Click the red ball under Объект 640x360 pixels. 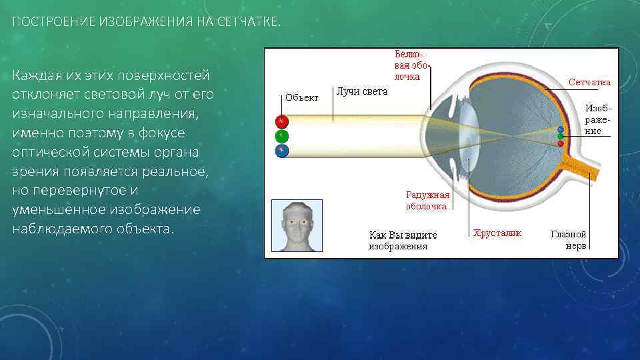pyautogui.click(x=282, y=121)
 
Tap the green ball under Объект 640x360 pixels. pyautogui.click(x=282, y=136)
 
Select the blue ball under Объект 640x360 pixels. pyautogui.click(x=282, y=151)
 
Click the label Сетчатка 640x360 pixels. pyautogui.click(x=589, y=82)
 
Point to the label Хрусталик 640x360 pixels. pyautogui.click(x=497, y=233)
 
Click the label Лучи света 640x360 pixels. pyautogui.click(x=362, y=91)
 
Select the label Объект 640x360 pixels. pyautogui.click(x=302, y=97)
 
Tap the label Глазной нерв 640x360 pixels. pyautogui.click(x=568, y=239)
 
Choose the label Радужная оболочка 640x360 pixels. pyautogui.click(x=427, y=201)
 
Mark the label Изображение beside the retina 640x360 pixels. pyautogui.click(x=597, y=119)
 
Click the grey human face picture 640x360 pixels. pyautogui.click(x=297, y=225)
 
